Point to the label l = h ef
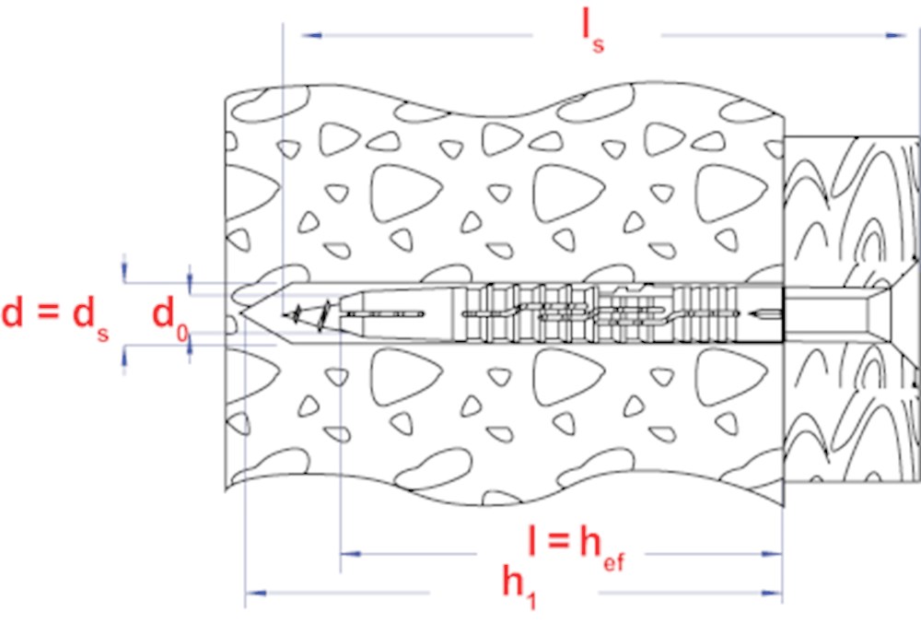pyautogui.click(x=577, y=547)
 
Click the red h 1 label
pyautogui.click(x=519, y=586)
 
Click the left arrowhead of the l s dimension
pyautogui.click(x=311, y=36)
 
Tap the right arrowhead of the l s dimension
pyautogui.click(x=896, y=36)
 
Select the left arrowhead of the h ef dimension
pyautogui.click(x=351, y=554)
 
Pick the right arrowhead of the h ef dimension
pyautogui.click(x=772, y=554)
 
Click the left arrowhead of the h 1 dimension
pyautogui.click(x=256, y=593)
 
